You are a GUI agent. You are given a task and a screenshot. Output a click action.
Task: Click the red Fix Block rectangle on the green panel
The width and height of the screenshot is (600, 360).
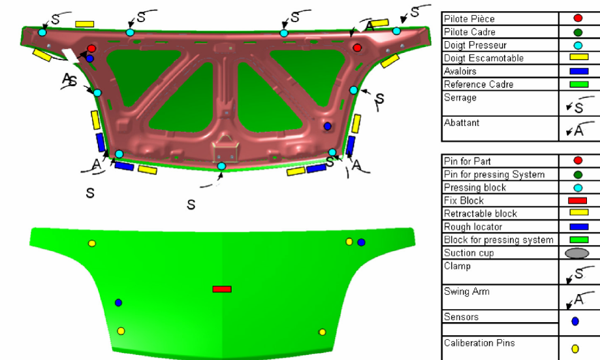(222, 289)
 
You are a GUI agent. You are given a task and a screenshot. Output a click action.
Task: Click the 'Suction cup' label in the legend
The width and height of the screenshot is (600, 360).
(469, 253)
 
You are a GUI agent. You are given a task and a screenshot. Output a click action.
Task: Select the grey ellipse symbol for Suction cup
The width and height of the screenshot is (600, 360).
(576, 253)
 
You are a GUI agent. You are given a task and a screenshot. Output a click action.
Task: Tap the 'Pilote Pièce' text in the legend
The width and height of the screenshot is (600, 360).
(469, 19)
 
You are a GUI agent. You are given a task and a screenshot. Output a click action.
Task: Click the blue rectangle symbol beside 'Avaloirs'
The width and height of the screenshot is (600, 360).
(578, 71)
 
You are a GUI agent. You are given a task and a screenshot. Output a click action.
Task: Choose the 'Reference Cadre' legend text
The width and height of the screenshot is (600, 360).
(479, 84)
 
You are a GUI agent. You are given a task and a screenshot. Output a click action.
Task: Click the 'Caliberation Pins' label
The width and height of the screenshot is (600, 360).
(479, 343)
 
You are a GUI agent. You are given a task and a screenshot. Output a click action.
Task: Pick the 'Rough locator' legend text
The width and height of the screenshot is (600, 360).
(473, 227)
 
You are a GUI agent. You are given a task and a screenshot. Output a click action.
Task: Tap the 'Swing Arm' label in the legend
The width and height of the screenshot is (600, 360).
(466, 291)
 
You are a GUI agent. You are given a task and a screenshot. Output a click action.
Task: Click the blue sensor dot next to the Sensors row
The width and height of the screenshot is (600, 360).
(575, 321)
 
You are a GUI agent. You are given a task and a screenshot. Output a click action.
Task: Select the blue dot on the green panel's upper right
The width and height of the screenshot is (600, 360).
(361, 242)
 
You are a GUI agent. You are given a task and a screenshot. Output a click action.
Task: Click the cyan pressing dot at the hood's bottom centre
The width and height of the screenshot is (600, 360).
(221, 166)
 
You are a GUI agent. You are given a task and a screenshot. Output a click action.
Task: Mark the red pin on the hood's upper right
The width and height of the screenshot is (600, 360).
(357, 48)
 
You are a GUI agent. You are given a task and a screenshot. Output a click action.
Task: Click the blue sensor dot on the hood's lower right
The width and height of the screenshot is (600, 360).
(327, 126)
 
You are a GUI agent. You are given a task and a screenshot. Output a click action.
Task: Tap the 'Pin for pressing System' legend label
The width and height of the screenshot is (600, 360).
(494, 174)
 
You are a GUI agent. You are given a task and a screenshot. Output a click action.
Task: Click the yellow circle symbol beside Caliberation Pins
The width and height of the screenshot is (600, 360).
(575, 349)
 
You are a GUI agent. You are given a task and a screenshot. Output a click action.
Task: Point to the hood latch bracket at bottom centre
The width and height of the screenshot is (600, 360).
(225, 150)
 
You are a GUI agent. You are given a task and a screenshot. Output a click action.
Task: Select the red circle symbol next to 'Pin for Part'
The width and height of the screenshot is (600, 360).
(578, 161)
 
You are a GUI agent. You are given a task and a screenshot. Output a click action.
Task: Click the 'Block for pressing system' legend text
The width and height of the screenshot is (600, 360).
(499, 240)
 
